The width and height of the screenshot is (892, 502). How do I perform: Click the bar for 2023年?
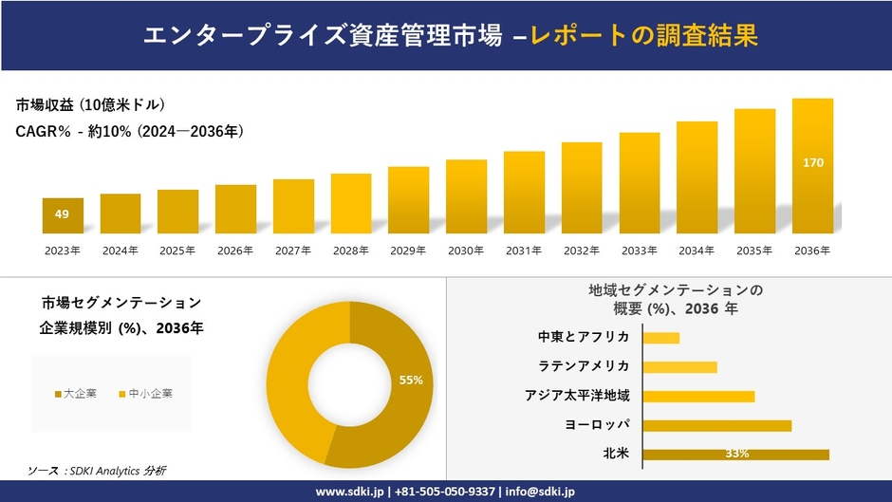63,215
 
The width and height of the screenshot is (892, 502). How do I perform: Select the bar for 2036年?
812,166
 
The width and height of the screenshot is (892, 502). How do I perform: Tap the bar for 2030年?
466,196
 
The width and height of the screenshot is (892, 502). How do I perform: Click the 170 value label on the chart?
813,163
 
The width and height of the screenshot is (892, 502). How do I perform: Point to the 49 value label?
62,214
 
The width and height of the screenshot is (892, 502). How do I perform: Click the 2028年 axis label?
350,251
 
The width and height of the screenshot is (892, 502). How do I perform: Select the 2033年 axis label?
639,251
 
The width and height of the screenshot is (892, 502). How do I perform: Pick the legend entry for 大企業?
76,393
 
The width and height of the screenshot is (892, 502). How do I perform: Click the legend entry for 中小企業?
144,393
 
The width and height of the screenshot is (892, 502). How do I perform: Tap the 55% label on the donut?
411,381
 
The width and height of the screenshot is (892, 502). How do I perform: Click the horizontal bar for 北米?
735,454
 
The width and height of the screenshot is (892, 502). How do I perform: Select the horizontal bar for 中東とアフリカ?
661,338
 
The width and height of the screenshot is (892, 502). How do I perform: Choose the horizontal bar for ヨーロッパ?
716,425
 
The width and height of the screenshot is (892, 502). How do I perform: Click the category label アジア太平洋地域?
577,396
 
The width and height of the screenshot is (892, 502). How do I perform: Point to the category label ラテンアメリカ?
584,366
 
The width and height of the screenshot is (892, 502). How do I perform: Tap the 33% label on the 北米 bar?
737,454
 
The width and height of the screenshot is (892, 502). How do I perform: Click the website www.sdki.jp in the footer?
349,492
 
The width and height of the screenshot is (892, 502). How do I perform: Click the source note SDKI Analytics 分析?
98,470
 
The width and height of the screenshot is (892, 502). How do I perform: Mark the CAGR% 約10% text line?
130,132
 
